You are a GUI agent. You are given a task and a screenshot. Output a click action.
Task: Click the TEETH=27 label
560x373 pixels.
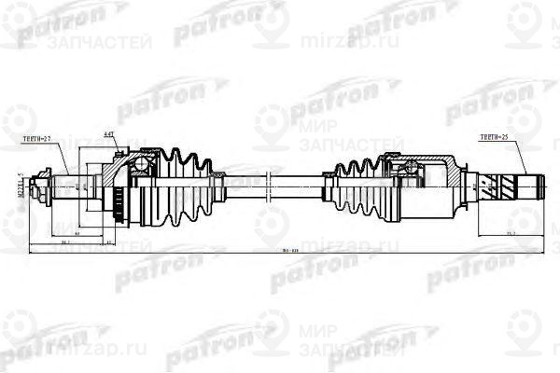pos(39,138)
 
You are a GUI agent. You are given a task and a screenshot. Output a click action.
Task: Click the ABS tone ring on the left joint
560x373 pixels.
pos(119,199)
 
